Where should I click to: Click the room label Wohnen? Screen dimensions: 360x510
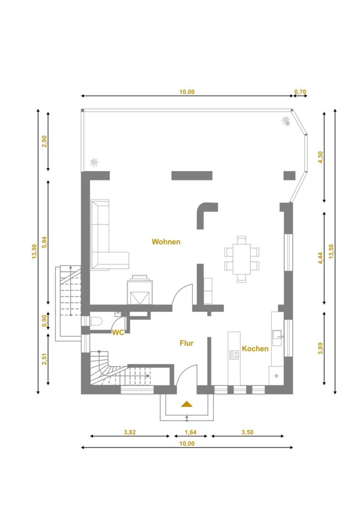(166, 242)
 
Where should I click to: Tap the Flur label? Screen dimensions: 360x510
(186, 343)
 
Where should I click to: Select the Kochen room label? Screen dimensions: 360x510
(255, 348)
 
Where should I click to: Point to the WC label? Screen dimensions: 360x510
(118, 333)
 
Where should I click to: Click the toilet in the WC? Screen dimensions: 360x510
(96, 322)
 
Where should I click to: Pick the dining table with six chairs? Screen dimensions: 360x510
(242, 259)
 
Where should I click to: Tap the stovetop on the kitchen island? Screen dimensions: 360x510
(234, 355)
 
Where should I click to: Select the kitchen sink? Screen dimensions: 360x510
(277, 338)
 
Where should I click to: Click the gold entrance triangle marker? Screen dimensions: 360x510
(186, 404)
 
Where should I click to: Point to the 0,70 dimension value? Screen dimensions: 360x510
(300, 92)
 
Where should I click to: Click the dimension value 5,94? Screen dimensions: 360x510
(45, 242)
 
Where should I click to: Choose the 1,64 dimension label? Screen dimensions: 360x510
(191, 432)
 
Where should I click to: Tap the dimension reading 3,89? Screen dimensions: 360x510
(321, 348)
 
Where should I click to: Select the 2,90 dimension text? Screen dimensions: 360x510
(45, 141)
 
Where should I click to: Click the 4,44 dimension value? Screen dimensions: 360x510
(321, 258)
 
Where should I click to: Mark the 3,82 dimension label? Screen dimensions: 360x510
(130, 432)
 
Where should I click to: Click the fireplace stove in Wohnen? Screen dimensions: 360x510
(140, 289)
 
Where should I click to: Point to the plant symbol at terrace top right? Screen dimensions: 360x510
(285, 121)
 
